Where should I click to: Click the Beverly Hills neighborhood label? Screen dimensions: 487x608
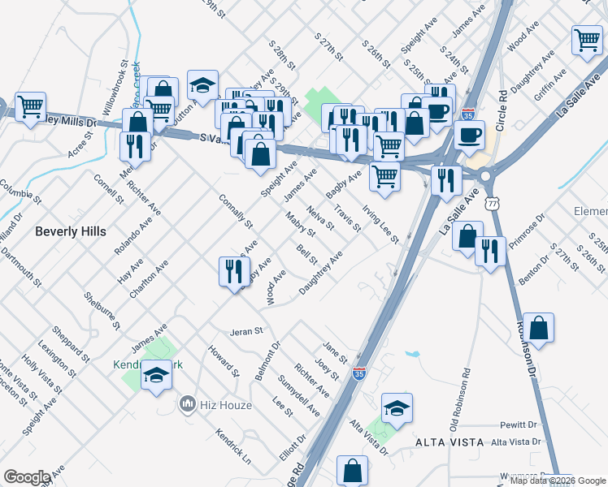(70, 231)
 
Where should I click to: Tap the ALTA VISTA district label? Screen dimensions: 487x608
(445, 442)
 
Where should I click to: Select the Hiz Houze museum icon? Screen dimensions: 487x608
(188, 403)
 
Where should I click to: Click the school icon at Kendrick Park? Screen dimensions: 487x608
(156, 375)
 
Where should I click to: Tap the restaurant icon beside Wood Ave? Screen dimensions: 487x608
(234, 270)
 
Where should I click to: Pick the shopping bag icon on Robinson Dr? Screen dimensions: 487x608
(538, 328)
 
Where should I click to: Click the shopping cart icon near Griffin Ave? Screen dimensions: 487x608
(586, 40)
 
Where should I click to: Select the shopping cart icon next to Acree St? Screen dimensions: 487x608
(30, 106)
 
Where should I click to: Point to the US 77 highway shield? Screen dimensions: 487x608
(491, 200)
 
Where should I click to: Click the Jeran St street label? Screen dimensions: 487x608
(247, 331)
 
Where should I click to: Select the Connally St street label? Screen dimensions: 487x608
(237, 209)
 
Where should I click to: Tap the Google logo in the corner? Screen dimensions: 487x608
(27, 477)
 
